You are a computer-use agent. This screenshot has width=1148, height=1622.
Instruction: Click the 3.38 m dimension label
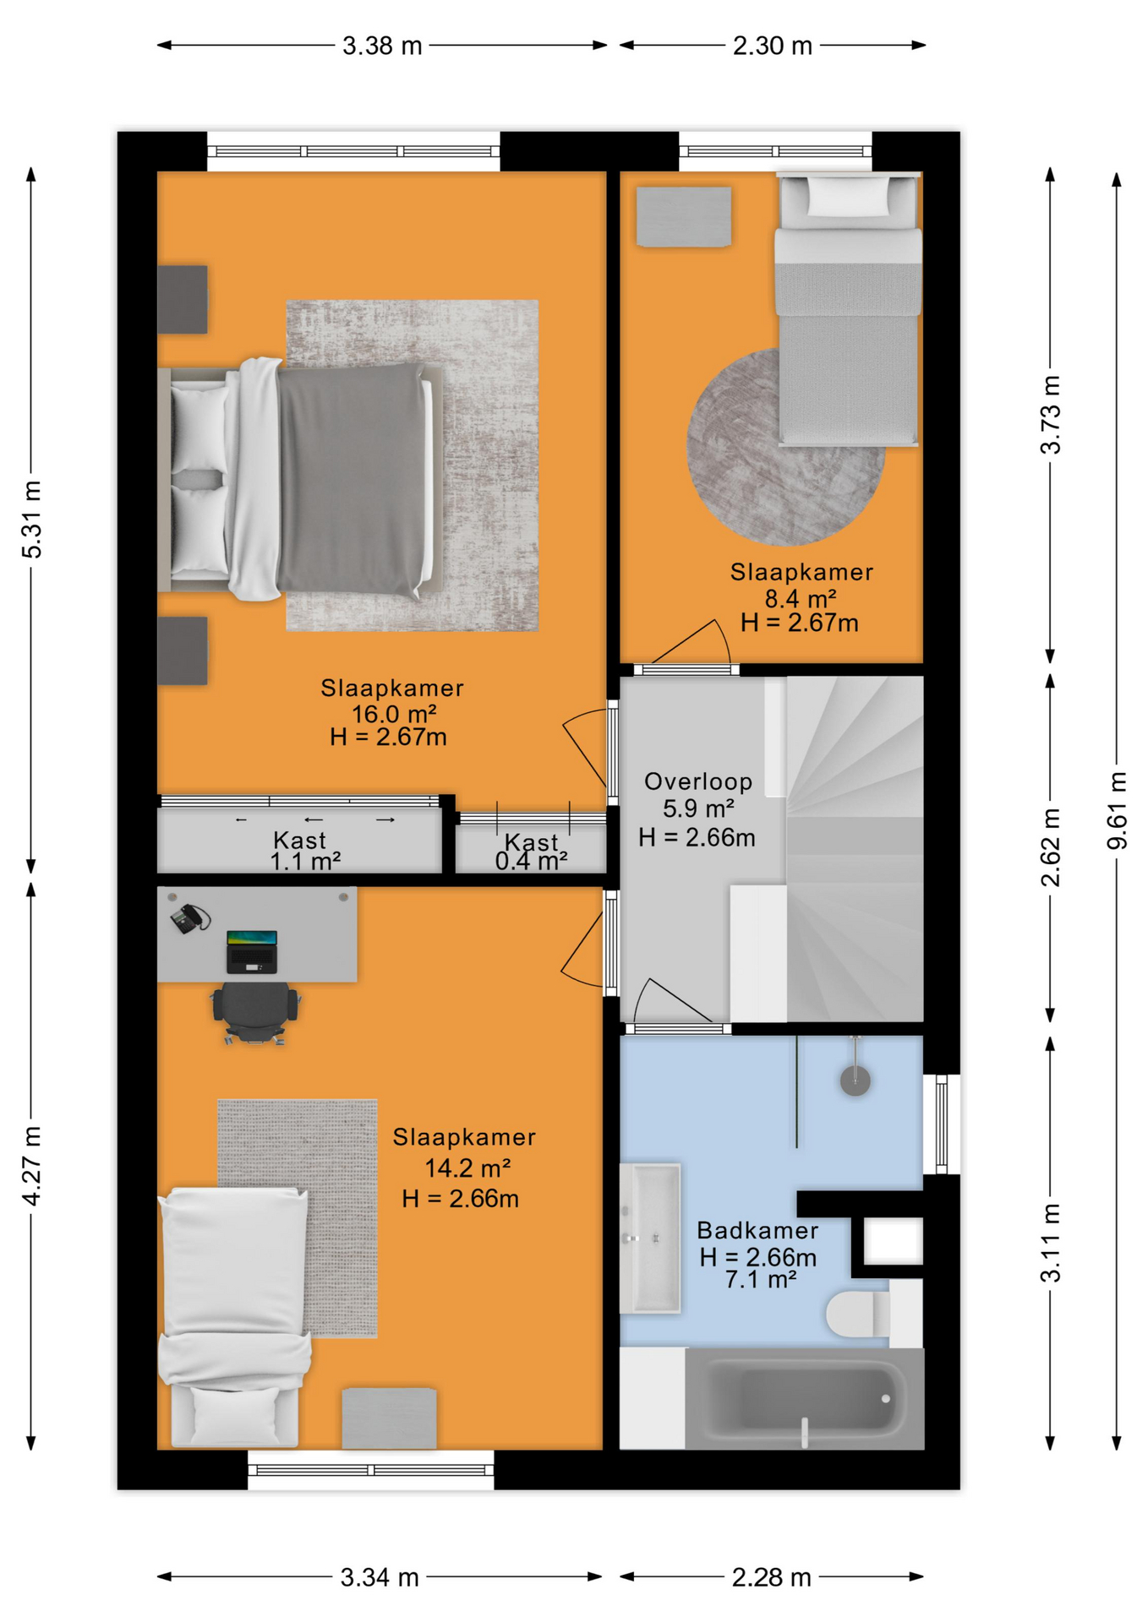[382, 46]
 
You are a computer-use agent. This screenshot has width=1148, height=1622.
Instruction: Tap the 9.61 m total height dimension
[1118, 810]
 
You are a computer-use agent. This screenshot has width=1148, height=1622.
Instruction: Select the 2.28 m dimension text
[772, 1577]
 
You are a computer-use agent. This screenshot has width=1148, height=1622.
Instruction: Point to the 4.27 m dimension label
[31, 1166]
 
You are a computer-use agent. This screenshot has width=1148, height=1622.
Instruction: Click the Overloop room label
[698, 781]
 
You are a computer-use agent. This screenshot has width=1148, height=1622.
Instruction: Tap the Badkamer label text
[757, 1230]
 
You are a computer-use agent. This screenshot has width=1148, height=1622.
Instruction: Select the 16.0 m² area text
[394, 714]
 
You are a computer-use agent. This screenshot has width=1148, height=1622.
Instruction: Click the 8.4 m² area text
[801, 598]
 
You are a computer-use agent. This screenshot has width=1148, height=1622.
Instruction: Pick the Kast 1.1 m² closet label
[303, 851]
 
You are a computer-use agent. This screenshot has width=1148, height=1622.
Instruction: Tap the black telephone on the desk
[190, 918]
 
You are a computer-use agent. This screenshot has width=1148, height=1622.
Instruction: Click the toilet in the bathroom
[857, 1314]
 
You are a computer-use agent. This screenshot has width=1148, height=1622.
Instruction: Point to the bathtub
[804, 1398]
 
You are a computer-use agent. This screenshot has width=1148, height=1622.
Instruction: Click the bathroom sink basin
[649, 1238]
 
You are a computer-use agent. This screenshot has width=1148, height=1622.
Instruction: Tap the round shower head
[856, 1080]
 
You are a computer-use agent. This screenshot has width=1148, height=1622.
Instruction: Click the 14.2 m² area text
[467, 1168]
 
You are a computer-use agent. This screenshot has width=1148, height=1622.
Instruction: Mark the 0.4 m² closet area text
[531, 862]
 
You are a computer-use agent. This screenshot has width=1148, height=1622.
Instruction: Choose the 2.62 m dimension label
[1050, 847]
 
